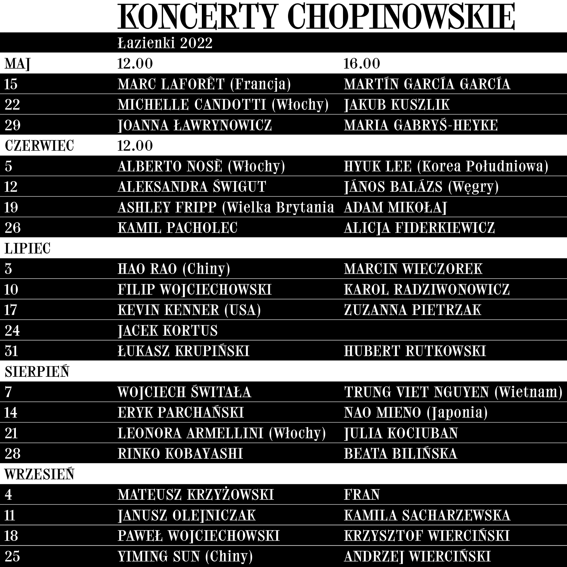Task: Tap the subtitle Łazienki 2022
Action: (x=165, y=43)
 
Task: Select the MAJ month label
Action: (x=17, y=64)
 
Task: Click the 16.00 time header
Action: (x=361, y=64)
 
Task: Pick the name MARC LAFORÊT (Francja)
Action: (x=204, y=84)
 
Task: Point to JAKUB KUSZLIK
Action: (x=397, y=105)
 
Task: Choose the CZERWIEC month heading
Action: (x=39, y=146)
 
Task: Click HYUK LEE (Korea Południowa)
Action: (x=446, y=166)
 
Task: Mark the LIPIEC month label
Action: (x=27, y=249)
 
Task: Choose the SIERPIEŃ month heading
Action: (x=37, y=372)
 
